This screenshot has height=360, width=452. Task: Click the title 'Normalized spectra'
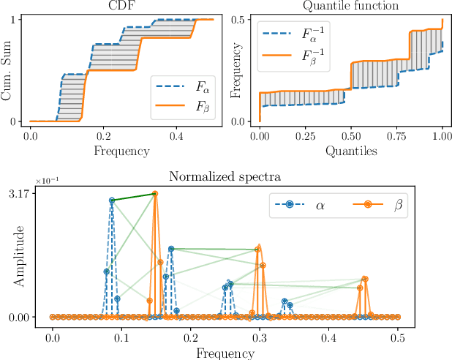225,176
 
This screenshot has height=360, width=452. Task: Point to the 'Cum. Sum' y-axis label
9,70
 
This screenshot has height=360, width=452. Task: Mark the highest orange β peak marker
154,194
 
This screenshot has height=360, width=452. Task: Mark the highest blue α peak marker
112,200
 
